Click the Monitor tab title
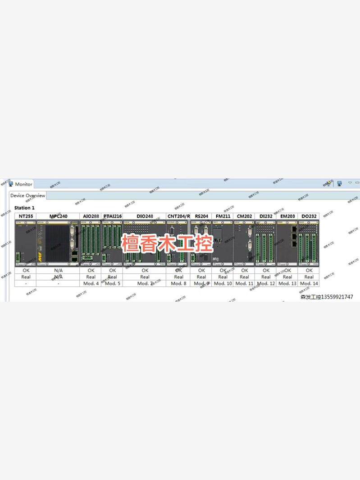(x=23, y=184)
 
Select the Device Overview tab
(x=28, y=196)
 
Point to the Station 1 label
(x=24, y=208)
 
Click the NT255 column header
(x=26, y=217)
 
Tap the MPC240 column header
(x=58, y=217)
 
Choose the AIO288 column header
(x=91, y=217)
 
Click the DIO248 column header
(x=145, y=217)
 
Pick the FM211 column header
(x=223, y=217)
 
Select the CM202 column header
(x=244, y=217)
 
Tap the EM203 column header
(x=287, y=217)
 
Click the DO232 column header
(x=309, y=217)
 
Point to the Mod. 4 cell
(x=91, y=284)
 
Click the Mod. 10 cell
(x=223, y=284)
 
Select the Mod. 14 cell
(x=309, y=284)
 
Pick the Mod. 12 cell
(x=266, y=284)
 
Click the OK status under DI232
(x=266, y=271)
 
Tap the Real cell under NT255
(x=26, y=277)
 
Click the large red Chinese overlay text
(x=167, y=243)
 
